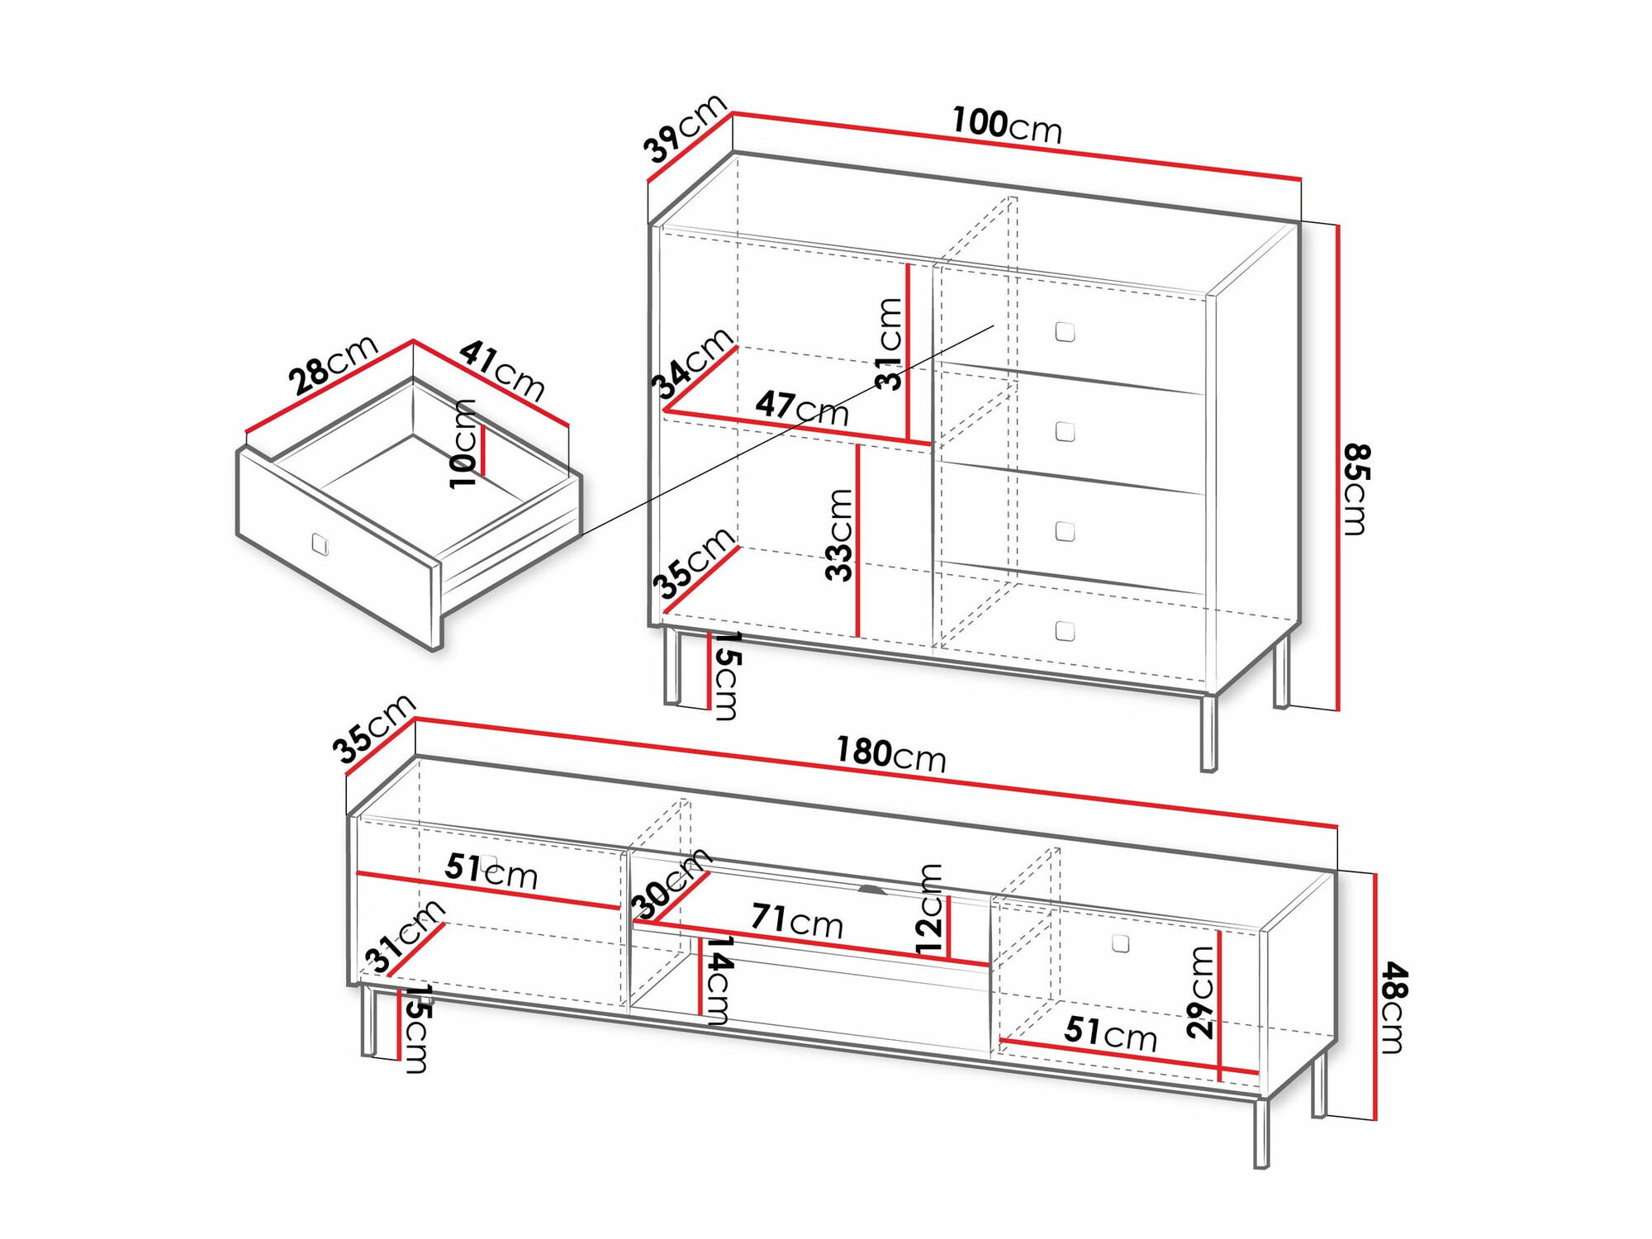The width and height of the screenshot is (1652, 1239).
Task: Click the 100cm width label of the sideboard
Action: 1007,126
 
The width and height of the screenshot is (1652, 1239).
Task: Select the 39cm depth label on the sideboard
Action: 685,128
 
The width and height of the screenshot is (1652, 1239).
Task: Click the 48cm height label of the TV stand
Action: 1393,1008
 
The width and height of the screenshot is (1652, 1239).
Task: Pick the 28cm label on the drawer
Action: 333,364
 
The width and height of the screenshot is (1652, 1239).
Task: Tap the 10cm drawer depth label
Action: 463,444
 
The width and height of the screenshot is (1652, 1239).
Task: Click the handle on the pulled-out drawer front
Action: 320,544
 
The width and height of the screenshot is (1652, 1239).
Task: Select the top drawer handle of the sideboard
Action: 1066,332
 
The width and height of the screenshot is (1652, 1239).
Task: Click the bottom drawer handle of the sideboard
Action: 1066,631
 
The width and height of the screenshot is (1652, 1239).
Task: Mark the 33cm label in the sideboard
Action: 839,534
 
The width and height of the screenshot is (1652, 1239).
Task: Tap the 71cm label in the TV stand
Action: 797,920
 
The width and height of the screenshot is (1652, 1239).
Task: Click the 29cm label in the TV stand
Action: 1200,991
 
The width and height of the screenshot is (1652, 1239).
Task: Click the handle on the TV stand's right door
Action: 1121,942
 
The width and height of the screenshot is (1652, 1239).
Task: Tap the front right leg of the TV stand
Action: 1261,1133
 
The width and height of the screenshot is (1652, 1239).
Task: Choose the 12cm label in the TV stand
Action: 929,909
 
